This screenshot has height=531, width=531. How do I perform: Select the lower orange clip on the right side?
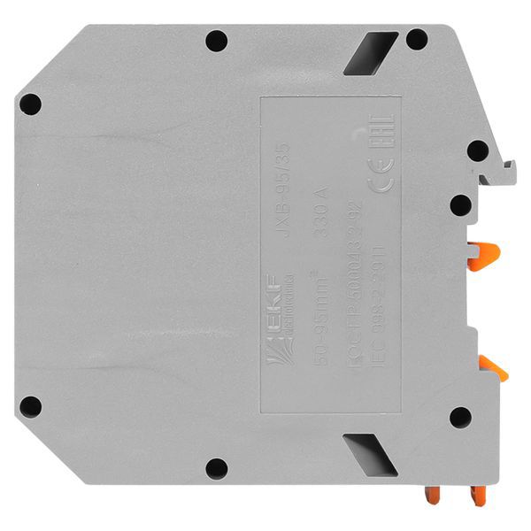(x=492, y=365)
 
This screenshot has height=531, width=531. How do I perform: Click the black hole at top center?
(x=216, y=41)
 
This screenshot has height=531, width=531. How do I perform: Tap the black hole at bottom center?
(x=216, y=467)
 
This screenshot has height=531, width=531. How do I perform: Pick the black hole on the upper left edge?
(x=31, y=104)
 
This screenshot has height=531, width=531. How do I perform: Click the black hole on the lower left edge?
(x=31, y=406)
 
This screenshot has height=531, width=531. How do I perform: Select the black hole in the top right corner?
(x=417, y=40)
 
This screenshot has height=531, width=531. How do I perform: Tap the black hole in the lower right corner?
(x=459, y=416)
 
